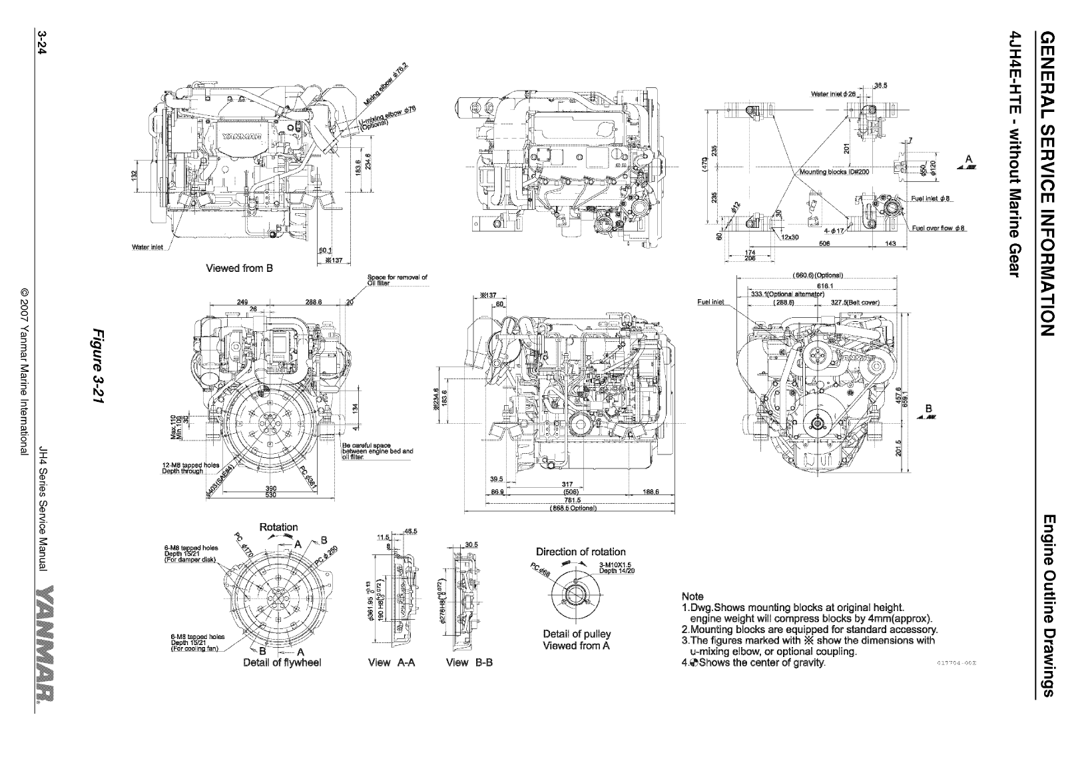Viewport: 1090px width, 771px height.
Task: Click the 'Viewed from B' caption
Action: (x=239, y=269)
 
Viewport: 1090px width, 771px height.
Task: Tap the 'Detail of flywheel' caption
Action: (x=282, y=662)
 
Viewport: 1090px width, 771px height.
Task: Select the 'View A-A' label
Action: (x=392, y=662)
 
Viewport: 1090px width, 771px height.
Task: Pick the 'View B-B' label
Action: (x=469, y=662)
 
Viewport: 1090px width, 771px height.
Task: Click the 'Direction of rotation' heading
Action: (x=581, y=552)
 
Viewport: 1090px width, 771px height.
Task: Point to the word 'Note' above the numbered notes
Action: (x=693, y=596)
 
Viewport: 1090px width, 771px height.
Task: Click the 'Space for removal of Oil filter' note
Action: (x=397, y=279)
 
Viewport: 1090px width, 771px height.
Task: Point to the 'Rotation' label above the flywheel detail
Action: (x=278, y=527)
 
